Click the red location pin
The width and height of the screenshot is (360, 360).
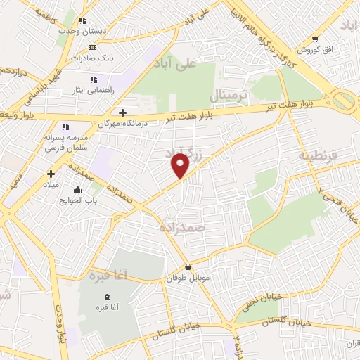pos(181,166)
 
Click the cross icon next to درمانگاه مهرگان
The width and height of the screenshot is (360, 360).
pos(123,112)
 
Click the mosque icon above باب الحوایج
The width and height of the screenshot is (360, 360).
pos(77,188)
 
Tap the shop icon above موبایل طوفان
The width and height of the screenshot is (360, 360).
pos(188,267)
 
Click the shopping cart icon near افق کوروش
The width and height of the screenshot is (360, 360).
pos(316,39)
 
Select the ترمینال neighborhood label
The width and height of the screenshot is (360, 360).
pos(229,94)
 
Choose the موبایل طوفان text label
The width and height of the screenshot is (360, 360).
pos(184,278)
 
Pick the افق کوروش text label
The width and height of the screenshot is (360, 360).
pos(309,51)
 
